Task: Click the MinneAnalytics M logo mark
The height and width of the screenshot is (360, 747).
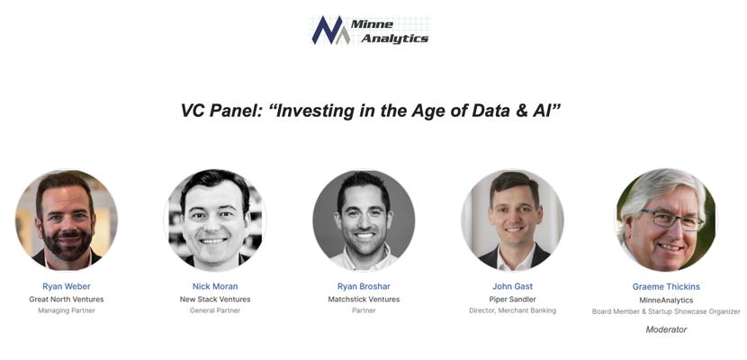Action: (331, 31)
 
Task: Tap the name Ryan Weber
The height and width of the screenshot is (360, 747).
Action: (67, 286)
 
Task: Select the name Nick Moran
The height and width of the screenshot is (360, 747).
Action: (215, 286)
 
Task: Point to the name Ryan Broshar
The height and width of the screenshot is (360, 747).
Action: (364, 286)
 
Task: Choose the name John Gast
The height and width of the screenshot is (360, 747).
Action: (513, 286)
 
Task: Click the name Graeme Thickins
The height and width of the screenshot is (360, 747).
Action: (666, 287)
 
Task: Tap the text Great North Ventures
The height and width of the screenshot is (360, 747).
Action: (67, 300)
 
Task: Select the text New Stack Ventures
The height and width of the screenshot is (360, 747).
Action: (215, 300)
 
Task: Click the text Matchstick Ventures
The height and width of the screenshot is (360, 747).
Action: (364, 300)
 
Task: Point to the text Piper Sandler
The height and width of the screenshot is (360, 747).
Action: (513, 300)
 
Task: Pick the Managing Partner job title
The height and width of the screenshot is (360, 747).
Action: (67, 310)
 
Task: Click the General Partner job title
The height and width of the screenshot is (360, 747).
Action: (215, 310)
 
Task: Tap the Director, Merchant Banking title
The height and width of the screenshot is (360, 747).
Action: (513, 310)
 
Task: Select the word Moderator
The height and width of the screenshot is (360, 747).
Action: (666, 329)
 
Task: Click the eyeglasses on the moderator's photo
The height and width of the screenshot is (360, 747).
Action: (671, 219)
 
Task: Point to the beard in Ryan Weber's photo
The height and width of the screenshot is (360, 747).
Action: (67, 243)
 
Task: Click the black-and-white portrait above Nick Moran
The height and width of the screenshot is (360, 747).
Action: (215, 220)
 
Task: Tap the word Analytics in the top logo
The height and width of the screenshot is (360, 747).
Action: (394, 39)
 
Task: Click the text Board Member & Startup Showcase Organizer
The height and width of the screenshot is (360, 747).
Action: (666, 311)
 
